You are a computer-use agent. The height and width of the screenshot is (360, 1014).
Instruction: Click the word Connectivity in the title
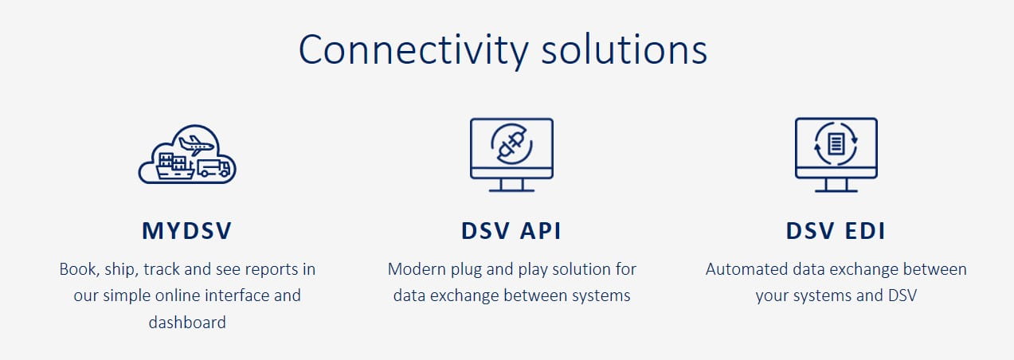coord(413,50)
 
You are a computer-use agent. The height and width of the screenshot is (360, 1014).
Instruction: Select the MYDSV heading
coord(187,230)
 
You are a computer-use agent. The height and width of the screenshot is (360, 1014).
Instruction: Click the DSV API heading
coord(511,230)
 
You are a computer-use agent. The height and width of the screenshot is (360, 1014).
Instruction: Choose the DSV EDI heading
coord(836,230)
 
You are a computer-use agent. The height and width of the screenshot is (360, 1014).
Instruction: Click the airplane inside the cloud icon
coord(196,145)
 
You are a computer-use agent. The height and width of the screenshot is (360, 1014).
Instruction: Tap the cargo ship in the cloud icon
coord(176,166)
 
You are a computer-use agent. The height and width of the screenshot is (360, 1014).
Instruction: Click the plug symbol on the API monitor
coord(511,145)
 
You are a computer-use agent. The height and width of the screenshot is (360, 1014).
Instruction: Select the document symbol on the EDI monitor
coord(836,144)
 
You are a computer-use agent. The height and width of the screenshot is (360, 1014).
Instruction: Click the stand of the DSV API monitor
coord(511,186)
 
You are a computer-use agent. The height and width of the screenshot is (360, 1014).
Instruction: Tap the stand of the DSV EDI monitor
coord(836,186)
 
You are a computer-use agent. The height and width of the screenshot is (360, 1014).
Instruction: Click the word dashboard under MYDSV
coord(187,323)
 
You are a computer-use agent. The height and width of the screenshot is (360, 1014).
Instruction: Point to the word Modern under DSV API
coord(417,269)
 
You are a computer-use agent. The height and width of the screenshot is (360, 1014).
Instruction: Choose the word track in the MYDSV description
coord(162,269)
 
